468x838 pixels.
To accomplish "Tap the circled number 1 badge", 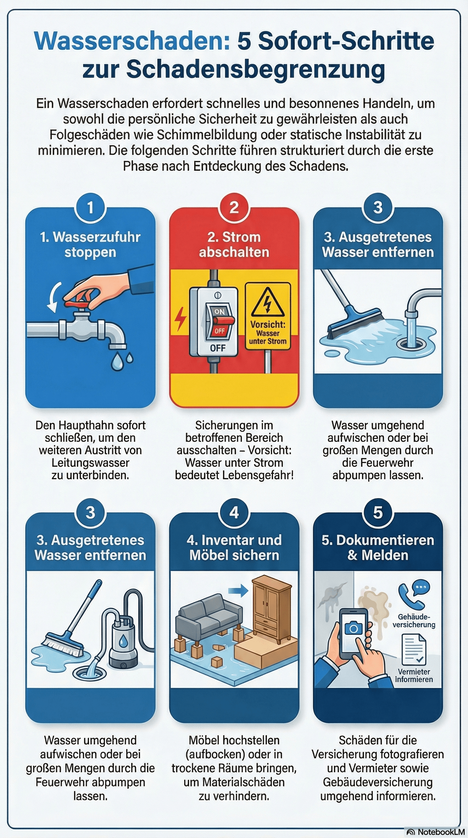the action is pyautogui.click(x=90, y=208).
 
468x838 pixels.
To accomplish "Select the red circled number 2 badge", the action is pyautogui.click(x=234, y=208).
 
